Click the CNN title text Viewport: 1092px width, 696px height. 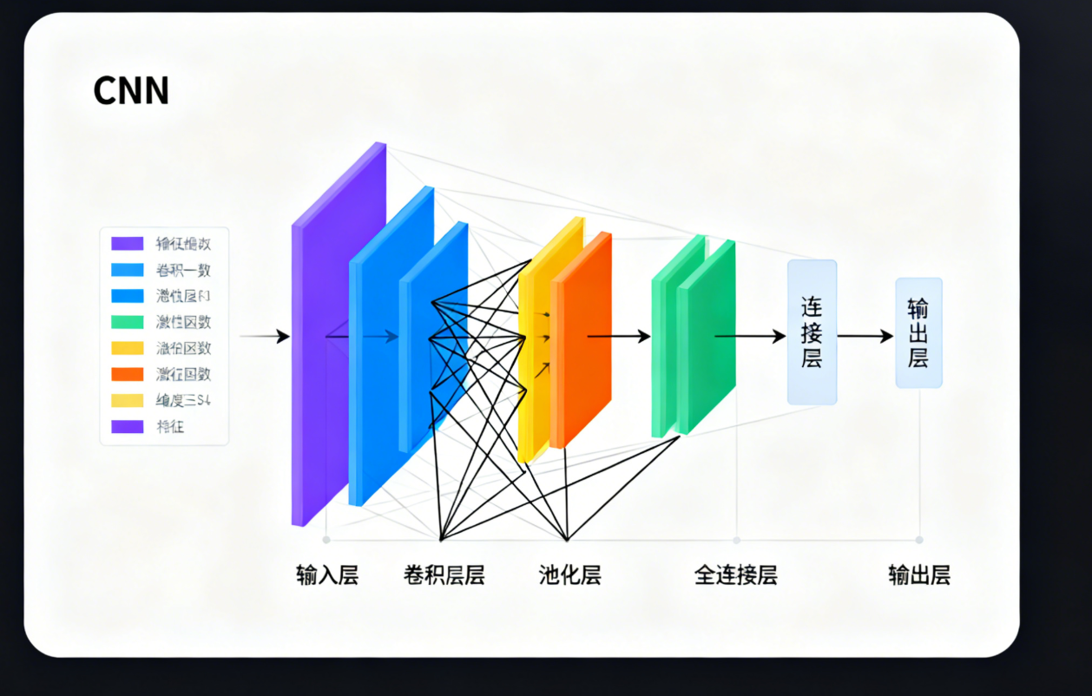pos(130,91)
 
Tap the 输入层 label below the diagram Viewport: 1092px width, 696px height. pos(326,575)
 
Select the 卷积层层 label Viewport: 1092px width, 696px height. pos(444,575)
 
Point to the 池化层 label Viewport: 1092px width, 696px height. pos(569,575)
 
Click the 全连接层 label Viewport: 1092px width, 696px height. pos(735,575)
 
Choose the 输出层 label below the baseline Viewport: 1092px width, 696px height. pos(918,575)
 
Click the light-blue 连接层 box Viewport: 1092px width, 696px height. pos(812,332)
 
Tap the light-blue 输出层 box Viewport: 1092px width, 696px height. pos(918,332)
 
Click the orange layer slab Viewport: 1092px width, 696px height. pos(583,338)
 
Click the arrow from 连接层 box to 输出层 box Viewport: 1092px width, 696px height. pos(865,337)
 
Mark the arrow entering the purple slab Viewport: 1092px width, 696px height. pos(265,337)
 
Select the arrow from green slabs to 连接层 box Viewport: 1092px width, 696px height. pos(750,337)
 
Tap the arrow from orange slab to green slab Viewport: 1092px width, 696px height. pos(618,337)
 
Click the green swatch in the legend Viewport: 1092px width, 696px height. pos(127,322)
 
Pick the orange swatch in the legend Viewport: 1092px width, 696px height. pos(127,374)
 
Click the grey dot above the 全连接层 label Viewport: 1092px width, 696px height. pos(736,540)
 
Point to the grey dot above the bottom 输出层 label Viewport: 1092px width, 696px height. pos(919,540)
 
